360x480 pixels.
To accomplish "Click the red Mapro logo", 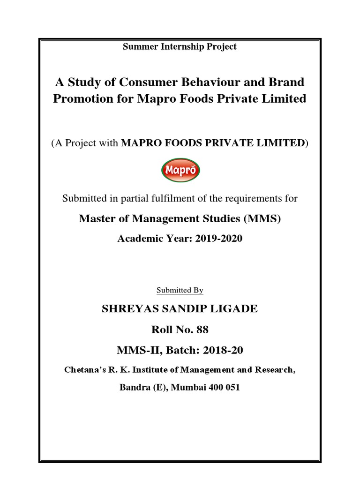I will tap(180, 170).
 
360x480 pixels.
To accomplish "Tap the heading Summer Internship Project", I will tap(180, 46).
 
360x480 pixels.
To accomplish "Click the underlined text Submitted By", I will tap(180, 291).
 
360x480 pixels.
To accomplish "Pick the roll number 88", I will tap(202, 330).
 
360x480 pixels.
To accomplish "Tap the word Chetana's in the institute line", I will tap(82, 370).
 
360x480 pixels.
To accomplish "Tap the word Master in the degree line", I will tap(96, 218).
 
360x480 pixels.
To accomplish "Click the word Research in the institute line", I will tap(275, 370).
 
